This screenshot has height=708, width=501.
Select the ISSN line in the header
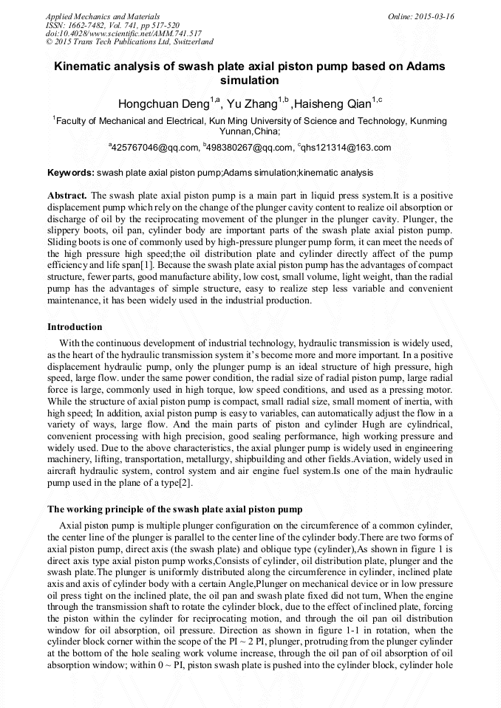[112, 25]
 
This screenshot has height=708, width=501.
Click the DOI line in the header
[123, 34]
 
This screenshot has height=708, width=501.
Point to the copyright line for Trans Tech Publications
[129, 42]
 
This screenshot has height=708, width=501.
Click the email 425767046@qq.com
[155, 148]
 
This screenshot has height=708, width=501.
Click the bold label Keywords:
[71, 173]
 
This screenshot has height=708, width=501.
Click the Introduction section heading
[75, 327]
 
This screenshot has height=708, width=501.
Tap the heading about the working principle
[174, 509]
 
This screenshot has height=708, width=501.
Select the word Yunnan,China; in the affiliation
[250, 131]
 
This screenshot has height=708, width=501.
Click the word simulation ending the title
[250, 80]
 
